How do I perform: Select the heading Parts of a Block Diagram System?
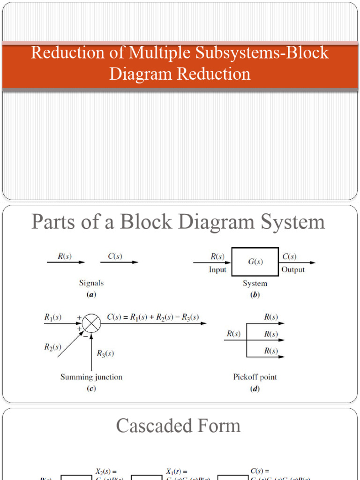tap(178, 222)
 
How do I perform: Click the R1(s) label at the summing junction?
tap(53, 317)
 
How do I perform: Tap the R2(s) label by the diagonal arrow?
tap(53, 347)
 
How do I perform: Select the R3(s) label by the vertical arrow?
tap(105, 353)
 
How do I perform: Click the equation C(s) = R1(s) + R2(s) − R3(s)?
tap(153, 317)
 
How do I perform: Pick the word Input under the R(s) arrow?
tap(217, 270)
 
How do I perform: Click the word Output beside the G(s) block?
tap(293, 270)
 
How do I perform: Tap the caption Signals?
tap(91, 283)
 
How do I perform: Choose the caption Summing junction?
tap(91, 377)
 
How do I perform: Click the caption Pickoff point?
tap(255, 377)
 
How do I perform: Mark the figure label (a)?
tap(91, 295)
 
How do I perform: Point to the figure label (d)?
tap(255, 389)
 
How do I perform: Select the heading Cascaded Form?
tap(178, 426)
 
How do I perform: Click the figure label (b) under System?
tap(255, 295)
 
